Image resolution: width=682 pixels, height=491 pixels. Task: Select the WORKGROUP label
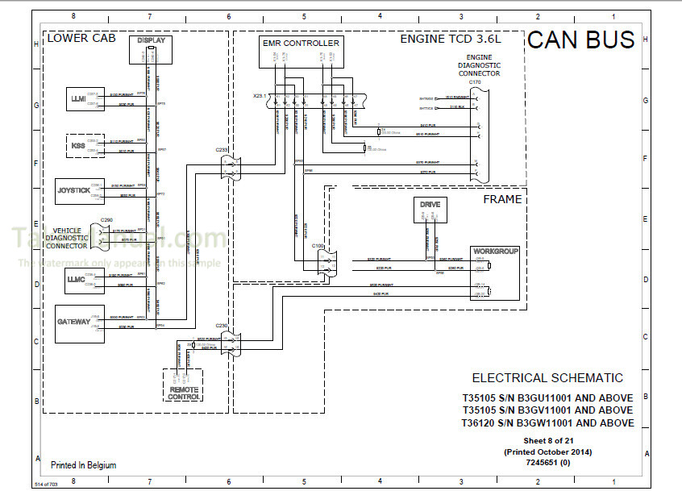pyautogui.click(x=495, y=251)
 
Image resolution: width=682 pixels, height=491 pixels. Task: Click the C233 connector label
pyautogui.click(x=222, y=149)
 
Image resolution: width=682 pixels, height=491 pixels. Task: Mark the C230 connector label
pyautogui.click(x=222, y=326)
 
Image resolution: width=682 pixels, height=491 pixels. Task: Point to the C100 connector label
pyautogui.click(x=318, y=243)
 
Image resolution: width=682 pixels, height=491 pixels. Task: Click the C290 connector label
pyautogui.click(x=106, y=220)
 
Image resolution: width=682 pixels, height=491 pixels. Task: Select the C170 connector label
pyautogui.click(x=474, y=82)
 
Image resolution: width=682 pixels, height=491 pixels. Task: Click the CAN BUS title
pyautogui.click(x=581, y=40)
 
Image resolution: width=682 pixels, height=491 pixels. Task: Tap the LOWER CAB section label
pyautogui.click(x=81, y=38)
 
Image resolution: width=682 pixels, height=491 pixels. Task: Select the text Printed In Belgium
pyautogui.click(x=83, y=465)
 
